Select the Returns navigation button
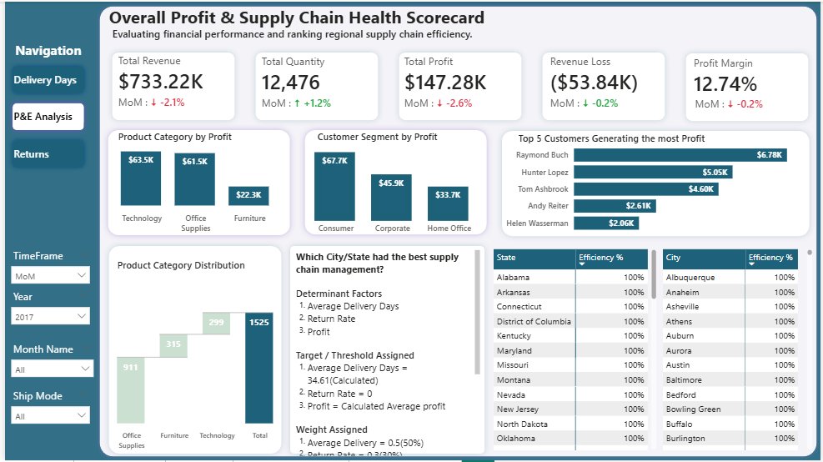click(48, 153)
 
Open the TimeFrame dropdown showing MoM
click(50, 276)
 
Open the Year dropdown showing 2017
click(50, 317)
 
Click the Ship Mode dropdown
click(50, 416)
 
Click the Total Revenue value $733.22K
click(161, 82)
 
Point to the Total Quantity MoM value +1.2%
click(317, 103)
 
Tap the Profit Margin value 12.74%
click(725, 83)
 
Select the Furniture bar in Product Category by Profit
click(248, 196)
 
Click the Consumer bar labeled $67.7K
click(335, 186)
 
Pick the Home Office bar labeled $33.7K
click(448, 203)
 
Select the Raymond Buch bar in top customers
click(680, 155)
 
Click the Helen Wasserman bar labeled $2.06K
click(606, 223)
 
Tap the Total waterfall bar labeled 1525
click(259, 368)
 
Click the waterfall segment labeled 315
click(173, 346)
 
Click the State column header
click(534, 259)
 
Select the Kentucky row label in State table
click(514, 336)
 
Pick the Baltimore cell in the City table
click(684, 380)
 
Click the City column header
click(703, 259)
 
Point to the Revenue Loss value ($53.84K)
click(594, 83)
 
